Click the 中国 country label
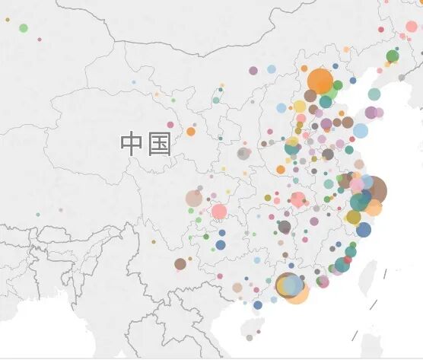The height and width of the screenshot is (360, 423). pyautogui.click(x=146, y=143)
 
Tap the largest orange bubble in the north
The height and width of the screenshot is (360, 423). pyautogui.click(x=320, y=81)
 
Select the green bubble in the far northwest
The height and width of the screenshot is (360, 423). pyautogui.click(x=24, y=28)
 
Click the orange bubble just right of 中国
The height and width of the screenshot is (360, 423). pyautogui.click(x=191, y=132)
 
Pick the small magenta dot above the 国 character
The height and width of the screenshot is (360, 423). pyautogui.click(x=170, y=124)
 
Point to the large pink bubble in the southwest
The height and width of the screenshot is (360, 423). pyautogui.click(x=219, y=212)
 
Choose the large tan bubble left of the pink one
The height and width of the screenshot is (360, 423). pyautogui.click(x=194, y=199)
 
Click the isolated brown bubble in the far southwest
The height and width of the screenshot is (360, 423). pyautogui.click(x=180, y=264)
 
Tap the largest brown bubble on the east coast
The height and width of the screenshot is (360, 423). pyautogui.click(x=373, y=190)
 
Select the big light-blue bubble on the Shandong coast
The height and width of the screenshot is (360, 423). pyautogui.click(x=361, y=131)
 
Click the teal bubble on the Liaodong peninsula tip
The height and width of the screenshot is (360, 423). pyautogui.click(x=374, y=94)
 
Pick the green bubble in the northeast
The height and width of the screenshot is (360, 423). pyautogui.click(x=393, y=56)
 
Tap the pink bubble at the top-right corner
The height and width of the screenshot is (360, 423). pyautogui.click(x=412, y=27)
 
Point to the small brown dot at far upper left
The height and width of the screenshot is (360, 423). pyautogui.click(x=7, y=20)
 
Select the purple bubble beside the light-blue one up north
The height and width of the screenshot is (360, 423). pyautogui.click(x=253, y=71)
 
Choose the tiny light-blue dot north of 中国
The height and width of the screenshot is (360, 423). pyautogui.click(x=134, y=82)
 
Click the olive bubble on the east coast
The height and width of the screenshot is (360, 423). pyautogui.click(x=353, y=218)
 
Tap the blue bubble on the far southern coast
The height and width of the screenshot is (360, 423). pyautogui.click(x=258, y=305)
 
